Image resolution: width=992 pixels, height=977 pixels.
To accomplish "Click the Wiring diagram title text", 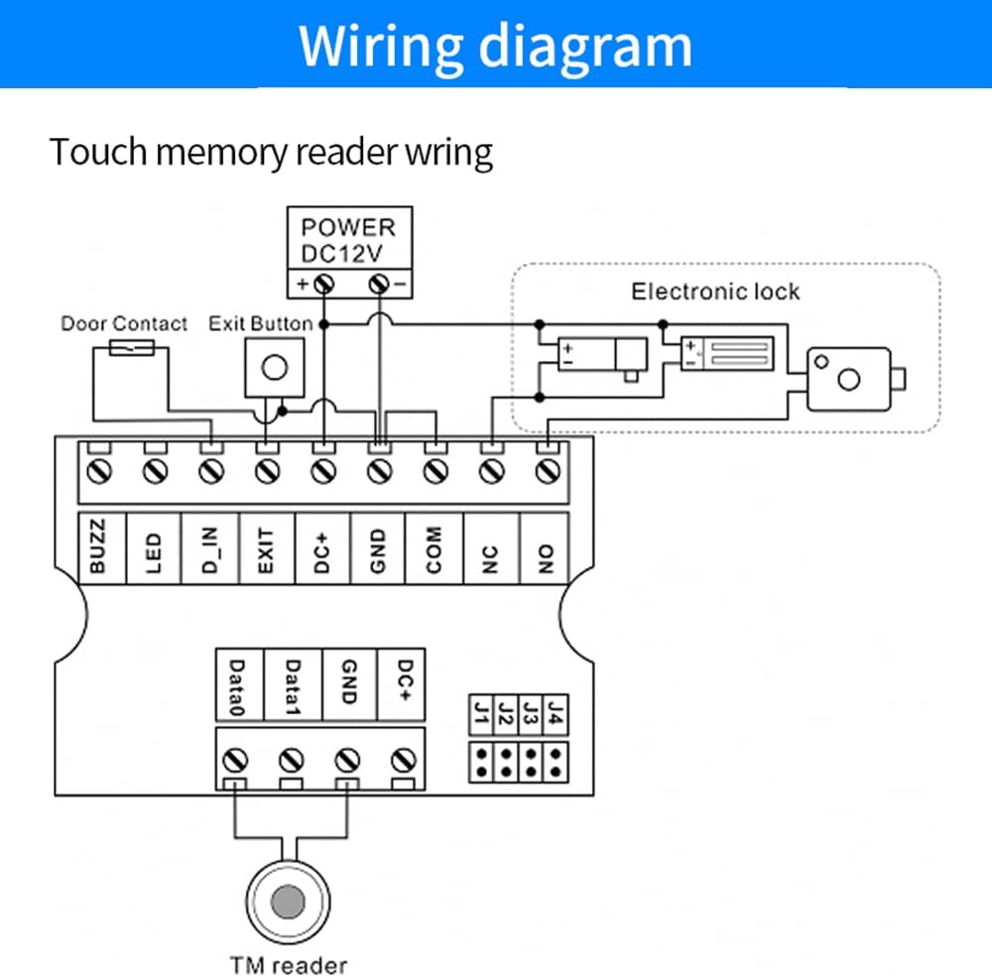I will click(495, 44).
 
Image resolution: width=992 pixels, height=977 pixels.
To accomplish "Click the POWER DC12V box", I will click(347, 239).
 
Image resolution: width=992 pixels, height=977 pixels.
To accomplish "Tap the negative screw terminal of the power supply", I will click(378, 283).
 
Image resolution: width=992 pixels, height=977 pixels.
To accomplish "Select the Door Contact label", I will click(124, 323).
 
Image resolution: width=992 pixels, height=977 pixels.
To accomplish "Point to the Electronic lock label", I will click(715, 291).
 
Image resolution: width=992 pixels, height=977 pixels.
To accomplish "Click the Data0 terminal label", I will click(237, 684).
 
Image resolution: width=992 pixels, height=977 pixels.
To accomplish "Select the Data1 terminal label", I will click(293, 684).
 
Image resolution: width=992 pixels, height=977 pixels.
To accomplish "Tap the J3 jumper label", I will click(531, 711).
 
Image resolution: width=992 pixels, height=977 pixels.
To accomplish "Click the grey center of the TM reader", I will click(289, 902).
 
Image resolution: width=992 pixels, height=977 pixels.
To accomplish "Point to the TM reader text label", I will click(289, 964).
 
